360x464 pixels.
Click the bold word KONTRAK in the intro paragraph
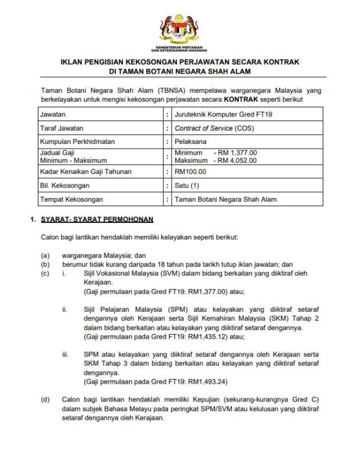pos(242,99)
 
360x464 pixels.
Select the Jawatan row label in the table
pos(53,113)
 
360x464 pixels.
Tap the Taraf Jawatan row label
pos(61,128)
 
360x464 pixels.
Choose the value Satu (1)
pos(187,186)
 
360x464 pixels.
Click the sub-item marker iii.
pos(65,355)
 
